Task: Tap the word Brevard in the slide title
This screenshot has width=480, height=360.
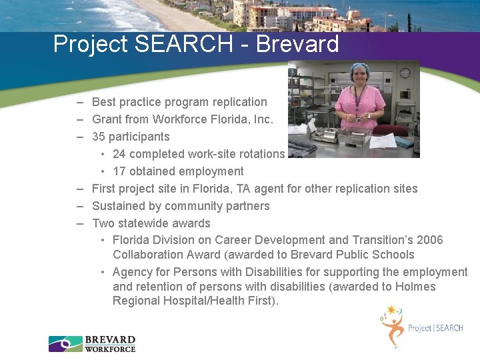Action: [297, 45]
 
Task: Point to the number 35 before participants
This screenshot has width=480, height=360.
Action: [99, 137]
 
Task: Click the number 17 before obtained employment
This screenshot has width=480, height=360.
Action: [119, 171]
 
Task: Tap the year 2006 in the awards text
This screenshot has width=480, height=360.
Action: [429, 240]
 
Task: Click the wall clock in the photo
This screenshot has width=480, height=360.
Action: [404, 73]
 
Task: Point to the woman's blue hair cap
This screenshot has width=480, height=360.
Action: [360, 68]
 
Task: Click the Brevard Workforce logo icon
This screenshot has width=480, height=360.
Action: [65, 344]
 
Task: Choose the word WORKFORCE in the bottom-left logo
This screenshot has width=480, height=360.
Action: [110, 349]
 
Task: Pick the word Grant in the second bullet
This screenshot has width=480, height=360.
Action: [107, 119]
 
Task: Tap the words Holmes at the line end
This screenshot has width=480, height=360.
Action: [416, 287]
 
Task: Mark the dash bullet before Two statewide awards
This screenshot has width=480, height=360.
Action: [79, 223]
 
